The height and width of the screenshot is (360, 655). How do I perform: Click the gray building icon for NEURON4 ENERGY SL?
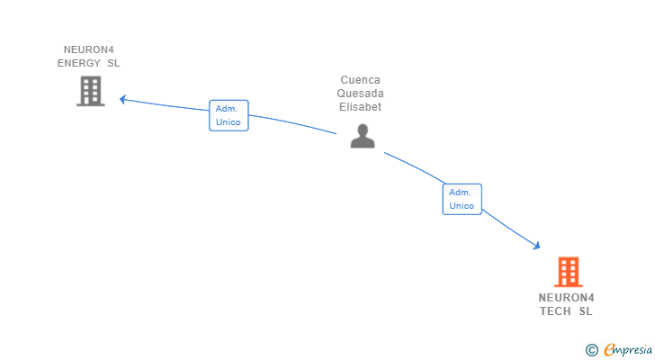[90, 91]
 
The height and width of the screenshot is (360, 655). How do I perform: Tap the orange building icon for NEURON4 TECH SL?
[568, 272]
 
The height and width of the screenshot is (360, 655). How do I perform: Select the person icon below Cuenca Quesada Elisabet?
[362, 136]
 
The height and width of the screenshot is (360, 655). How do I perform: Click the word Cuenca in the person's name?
[360, 79]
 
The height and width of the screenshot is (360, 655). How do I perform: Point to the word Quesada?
[360, 93]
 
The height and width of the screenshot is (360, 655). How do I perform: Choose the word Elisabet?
[360, 106]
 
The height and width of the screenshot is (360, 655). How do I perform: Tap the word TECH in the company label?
[555, 311]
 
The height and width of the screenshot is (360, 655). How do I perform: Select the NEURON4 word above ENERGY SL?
[89, 49]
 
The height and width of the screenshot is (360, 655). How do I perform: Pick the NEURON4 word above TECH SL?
[567, 297]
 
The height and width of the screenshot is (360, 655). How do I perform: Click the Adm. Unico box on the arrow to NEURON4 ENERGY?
[229, 115]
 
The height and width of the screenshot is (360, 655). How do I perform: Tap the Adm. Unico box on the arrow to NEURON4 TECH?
[462, 199]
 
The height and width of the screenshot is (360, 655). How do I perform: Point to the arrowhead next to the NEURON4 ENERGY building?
[124, 99]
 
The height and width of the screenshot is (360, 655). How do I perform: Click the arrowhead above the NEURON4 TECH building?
[536, 245]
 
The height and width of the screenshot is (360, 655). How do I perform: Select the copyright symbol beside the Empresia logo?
[591, 349]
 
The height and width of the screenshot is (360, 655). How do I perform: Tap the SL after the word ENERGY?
[113, 63]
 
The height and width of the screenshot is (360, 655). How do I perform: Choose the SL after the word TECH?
[586, 311]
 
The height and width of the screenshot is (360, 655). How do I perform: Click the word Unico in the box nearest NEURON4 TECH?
[462, 206]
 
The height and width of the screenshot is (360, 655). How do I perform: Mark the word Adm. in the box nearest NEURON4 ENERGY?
[225, 108]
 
